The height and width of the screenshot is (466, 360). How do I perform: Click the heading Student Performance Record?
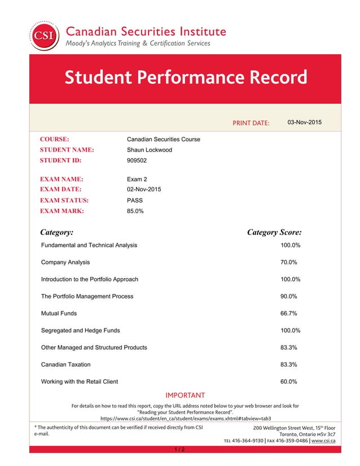pos(186,77)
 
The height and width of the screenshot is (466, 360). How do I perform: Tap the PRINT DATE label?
pos(251,123)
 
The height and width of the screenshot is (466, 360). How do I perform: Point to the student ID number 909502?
pos(137,161)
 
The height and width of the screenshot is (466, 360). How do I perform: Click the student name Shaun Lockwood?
pos(150,150)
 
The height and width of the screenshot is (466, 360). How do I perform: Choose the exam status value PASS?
pos(135,200)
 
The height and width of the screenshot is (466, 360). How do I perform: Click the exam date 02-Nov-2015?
pos(144,190)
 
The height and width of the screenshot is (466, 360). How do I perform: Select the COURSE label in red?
pos(54,139)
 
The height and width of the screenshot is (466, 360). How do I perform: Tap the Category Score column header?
pos(274,232)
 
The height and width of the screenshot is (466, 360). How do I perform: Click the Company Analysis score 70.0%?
pos(289,262)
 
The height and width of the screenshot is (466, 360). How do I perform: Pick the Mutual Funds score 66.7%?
pos(289,313)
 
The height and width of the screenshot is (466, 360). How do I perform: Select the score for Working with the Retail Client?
pos(289,381)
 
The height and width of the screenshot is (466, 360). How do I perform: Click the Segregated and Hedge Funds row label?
pos(80,330)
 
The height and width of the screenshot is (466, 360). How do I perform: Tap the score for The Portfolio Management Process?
pos(289,296)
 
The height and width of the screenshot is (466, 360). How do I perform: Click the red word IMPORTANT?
pos(184,395)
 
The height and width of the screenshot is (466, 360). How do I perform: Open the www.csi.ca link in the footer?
pos(323,441)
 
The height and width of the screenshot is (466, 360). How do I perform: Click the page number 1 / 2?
pos(179,450)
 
